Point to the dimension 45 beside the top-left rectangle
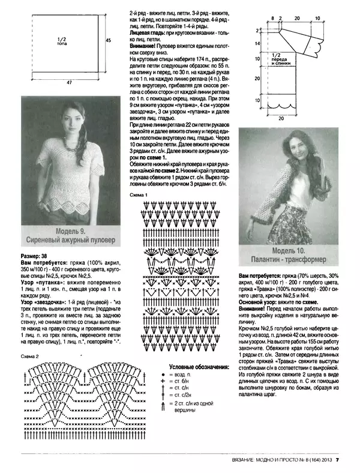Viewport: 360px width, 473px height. [x=109, y=40]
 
